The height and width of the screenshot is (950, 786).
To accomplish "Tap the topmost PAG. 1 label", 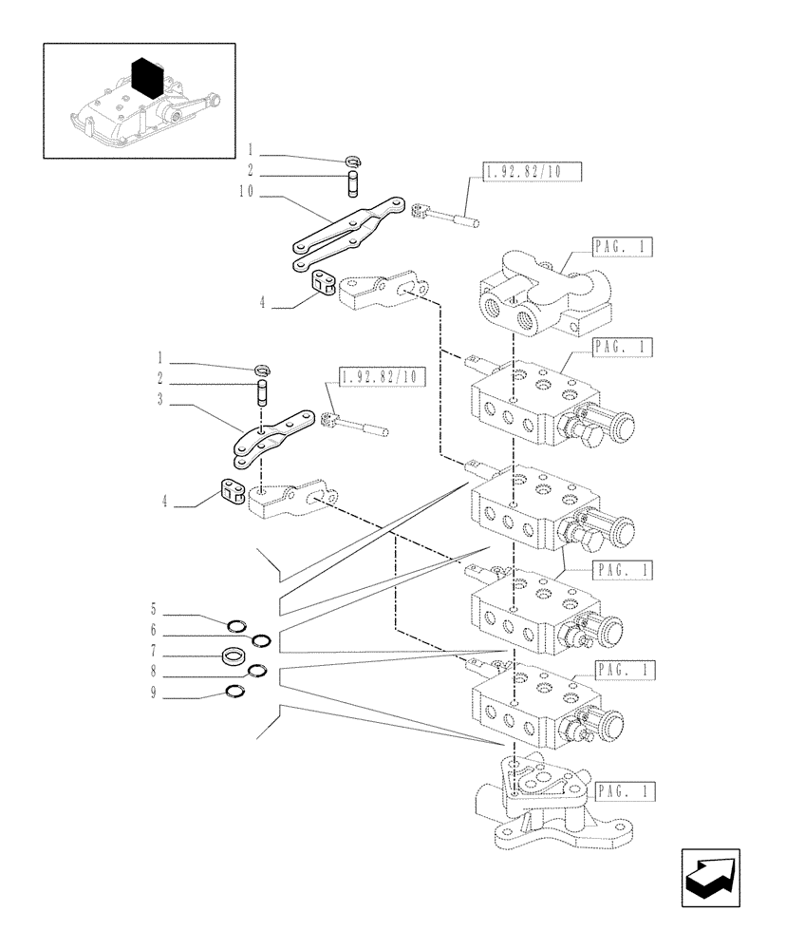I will click(623, 248).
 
